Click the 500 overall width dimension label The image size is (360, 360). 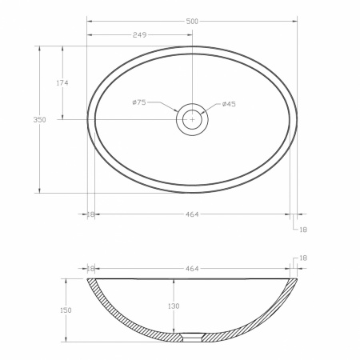click(x=192, y=22)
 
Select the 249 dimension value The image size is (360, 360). click(x=139, y=35)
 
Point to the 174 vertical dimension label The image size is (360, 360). click(x=62, y=83)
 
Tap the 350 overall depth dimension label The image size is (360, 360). click(x=39, y=120)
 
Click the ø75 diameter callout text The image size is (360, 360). click(x=139, y=102)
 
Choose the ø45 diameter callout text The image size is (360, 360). click(x=229, y=104)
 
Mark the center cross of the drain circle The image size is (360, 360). click(x=192, y=119)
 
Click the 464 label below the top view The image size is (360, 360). click(x=192, y=214)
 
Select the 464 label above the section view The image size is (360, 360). click(x=192, y=269)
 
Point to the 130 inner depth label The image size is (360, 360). click(x=174, y=306)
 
